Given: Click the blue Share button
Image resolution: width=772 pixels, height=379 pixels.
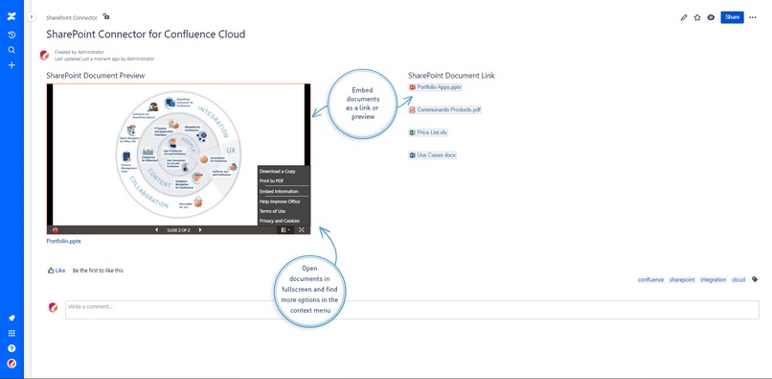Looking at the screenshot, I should point(732,17).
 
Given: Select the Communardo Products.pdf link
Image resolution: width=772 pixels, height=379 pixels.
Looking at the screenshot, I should point(448,110).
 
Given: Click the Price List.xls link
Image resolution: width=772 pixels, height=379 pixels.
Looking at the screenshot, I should point(432,132).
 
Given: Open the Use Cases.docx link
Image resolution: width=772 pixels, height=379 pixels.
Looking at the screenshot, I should point(436,154).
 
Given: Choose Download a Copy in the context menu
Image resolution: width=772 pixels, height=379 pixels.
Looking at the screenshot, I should point(277,171).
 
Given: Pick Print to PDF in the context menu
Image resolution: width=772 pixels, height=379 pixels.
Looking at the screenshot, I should point(271,180).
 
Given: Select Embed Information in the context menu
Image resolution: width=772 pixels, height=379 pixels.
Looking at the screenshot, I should point(279,192).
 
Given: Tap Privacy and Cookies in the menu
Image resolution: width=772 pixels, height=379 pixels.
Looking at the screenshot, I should point(280,221).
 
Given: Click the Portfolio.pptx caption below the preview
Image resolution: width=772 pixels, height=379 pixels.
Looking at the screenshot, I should point(63,242).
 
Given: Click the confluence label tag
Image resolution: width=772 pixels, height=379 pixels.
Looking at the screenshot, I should point(650,279).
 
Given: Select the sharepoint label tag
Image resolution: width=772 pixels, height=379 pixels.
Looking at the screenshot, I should point(682,279).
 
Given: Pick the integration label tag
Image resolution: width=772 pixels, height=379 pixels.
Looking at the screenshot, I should point(713,279).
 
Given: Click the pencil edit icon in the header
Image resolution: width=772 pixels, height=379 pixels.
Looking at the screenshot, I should point(684,17).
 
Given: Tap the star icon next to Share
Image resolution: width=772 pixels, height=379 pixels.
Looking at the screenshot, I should point(697,17).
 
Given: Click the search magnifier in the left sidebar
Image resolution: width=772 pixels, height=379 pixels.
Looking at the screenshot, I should point(11,50).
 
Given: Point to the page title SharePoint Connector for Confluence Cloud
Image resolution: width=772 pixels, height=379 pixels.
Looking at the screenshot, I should point(146,35).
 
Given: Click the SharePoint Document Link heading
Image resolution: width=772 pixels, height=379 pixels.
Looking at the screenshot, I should point(451,75).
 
